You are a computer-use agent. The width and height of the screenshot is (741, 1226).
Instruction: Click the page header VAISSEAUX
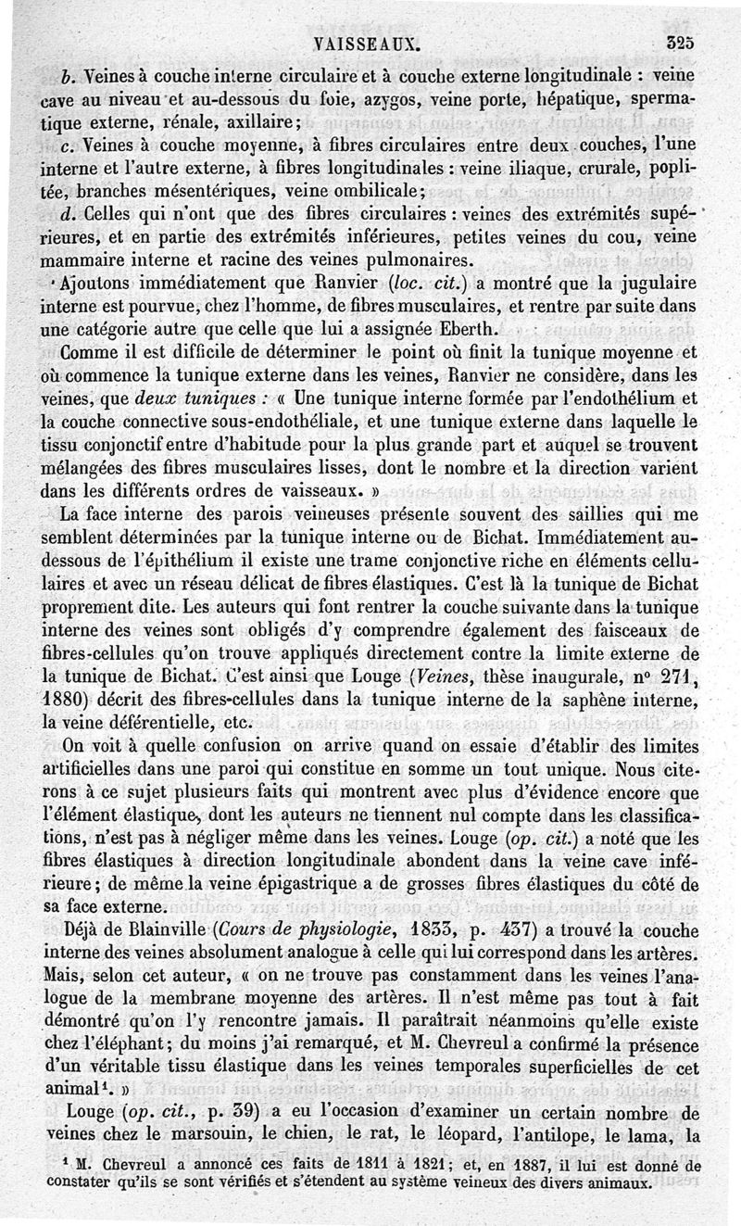(x=369, y=41)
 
